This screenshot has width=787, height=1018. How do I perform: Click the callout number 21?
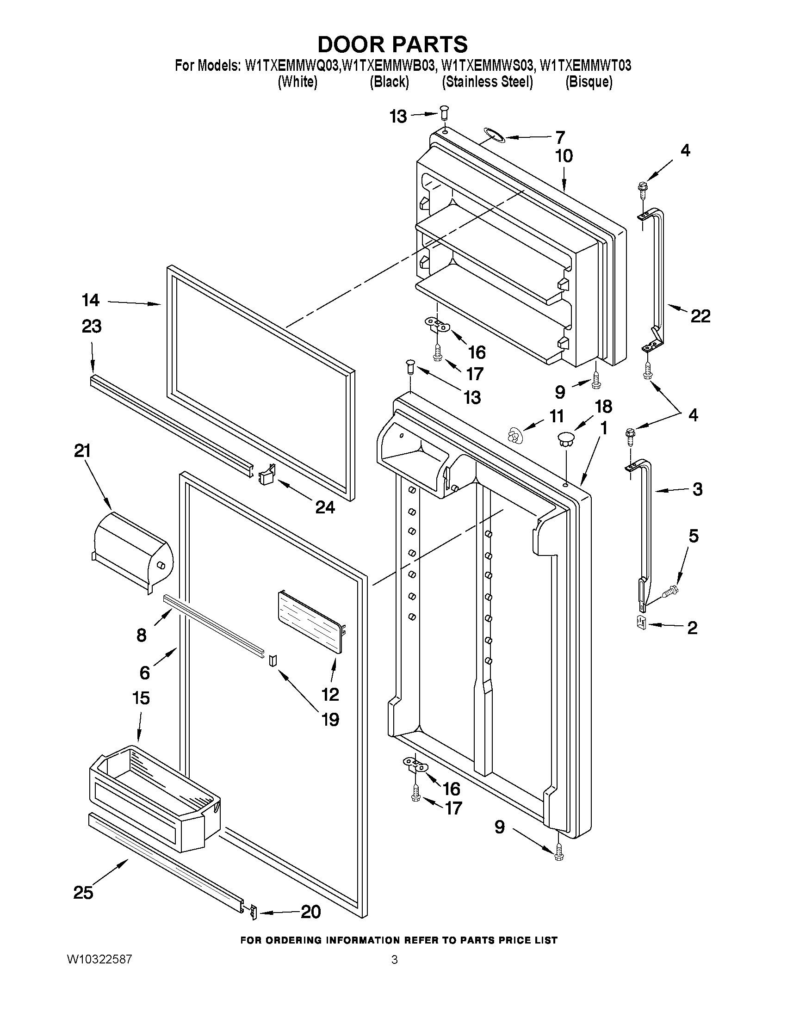coord(82,451)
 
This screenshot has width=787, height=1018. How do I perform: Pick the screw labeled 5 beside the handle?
coord(670,592)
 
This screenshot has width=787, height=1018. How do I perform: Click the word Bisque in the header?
coord(589,82)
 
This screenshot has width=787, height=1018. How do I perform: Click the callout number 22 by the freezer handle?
coord(700,316)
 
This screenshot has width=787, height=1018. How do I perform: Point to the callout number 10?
coord(564,156)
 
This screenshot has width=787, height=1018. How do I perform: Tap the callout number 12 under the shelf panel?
coord(330,694)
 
